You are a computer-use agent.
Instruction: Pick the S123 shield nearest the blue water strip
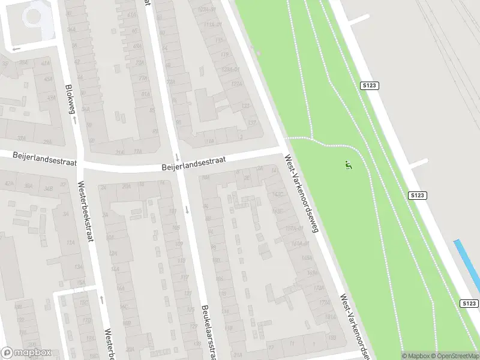470,304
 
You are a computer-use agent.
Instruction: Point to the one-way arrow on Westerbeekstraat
101,299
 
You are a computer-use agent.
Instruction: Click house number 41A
46,62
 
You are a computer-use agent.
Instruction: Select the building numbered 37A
22,137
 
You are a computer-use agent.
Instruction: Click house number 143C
277,194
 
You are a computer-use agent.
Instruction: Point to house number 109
179,244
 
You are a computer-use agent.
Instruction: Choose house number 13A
70,242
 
